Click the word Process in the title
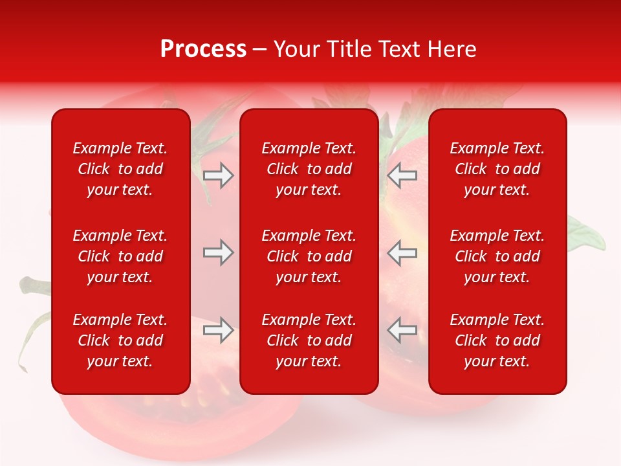point(203,49)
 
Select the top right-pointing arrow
point(219,175)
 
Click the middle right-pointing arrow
point(219,252)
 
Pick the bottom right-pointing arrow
point(219,330)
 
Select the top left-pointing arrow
point(402,175)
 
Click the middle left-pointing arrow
point(402,252)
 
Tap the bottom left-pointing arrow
point(402,330)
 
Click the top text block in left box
point(120,169)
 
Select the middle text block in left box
point(120,256)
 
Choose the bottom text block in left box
point(120,340)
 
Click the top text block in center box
point(309,169)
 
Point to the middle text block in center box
point(309,256)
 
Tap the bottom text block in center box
point(309,340)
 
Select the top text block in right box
point(497,169)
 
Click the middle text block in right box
point(497,256)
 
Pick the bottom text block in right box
point(497,340)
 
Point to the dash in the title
point(260,50)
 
